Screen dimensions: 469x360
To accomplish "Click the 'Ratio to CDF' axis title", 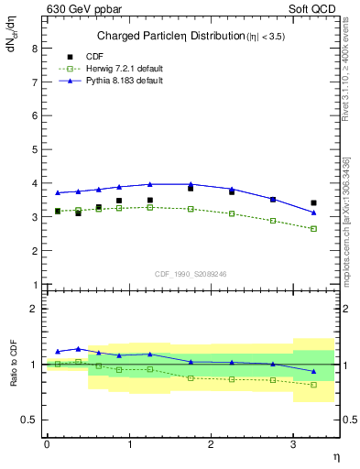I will [14, 363].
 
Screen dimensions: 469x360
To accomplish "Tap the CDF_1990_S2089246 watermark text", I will [190, 273].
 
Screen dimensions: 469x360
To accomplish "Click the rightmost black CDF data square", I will [314, 203].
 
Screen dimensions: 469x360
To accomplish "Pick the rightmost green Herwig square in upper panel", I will [314, 228].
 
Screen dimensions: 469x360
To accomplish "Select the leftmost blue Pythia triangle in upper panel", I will [58, 192].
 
